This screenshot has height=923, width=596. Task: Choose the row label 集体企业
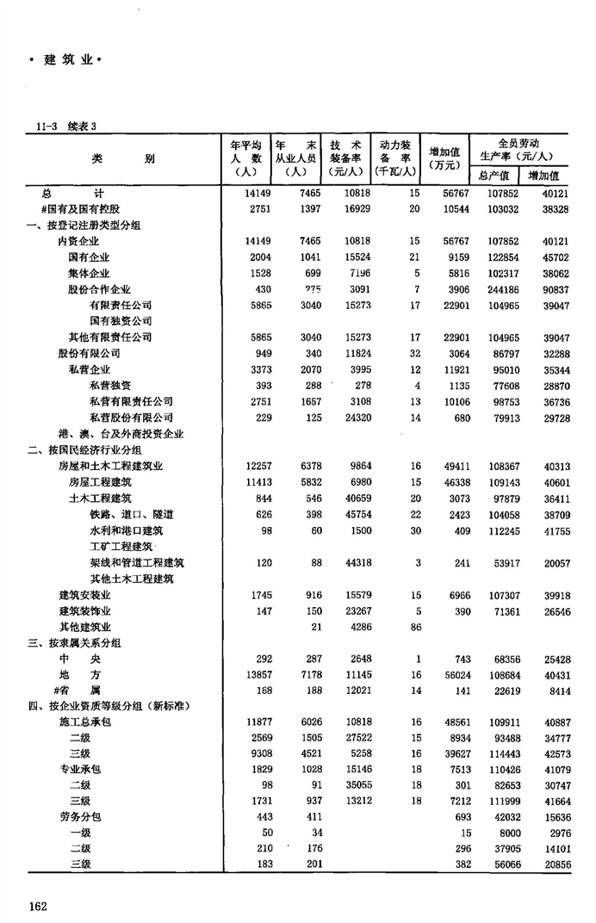tap(89, 273)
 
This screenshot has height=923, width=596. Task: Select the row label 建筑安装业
tap(84, 595)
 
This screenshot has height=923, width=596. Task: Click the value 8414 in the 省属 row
tap(554, 691)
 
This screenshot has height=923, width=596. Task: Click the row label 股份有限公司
tap(89, 353)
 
